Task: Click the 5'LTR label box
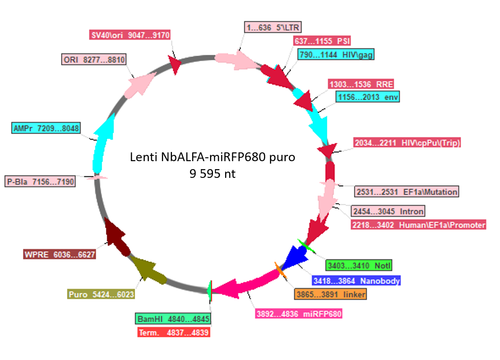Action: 273,28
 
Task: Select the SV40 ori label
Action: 130,35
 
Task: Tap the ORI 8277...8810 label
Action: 94,59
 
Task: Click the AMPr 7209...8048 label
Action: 46,128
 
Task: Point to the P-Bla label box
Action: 40,182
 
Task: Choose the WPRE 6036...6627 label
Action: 60,255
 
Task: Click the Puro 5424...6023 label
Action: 101,294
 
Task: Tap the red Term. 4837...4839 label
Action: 174,332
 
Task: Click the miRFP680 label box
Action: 299,314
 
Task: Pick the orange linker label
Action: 331,294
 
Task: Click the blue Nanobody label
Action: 356,280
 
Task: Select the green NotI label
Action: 359,265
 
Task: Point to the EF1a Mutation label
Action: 407,191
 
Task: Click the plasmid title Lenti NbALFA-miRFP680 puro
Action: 213,157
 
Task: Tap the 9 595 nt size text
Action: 213,174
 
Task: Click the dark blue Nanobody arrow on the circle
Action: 295,257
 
